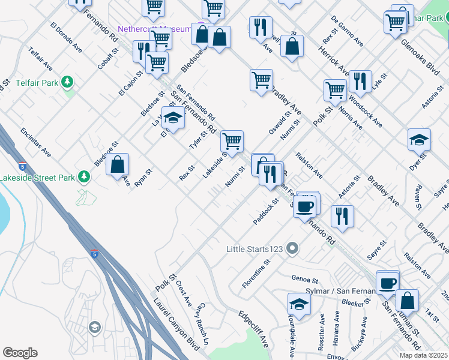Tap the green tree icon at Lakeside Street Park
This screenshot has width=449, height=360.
[85, 176]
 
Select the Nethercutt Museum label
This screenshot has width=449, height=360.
[154, 29]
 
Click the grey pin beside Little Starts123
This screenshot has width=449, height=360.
[293, 248]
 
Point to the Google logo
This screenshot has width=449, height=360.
[20, 353]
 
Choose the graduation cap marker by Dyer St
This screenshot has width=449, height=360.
[419, 140]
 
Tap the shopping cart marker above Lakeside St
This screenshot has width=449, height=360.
[232, 142]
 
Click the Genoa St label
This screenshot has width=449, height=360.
[304, 279]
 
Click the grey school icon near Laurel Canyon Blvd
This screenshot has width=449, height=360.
[94, 327]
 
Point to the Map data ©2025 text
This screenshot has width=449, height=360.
[423, 355]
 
